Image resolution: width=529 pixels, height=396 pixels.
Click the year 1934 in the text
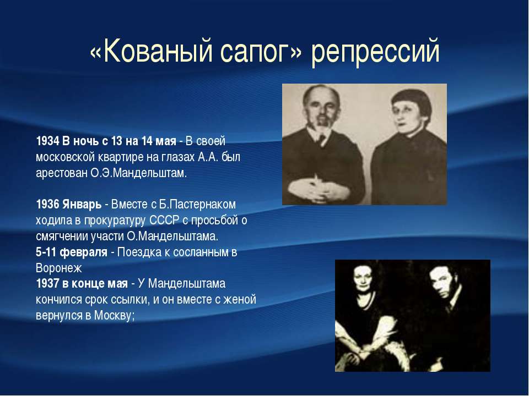tap(47, 141)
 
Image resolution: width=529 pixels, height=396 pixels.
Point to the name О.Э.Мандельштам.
tap(138, 173)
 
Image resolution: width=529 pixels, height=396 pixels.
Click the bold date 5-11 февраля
tap(72, 252)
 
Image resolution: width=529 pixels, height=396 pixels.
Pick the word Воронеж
tap(59, 268)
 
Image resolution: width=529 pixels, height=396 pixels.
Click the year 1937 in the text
tap(47, 284)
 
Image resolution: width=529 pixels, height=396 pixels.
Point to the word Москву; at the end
tap(115, 316)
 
